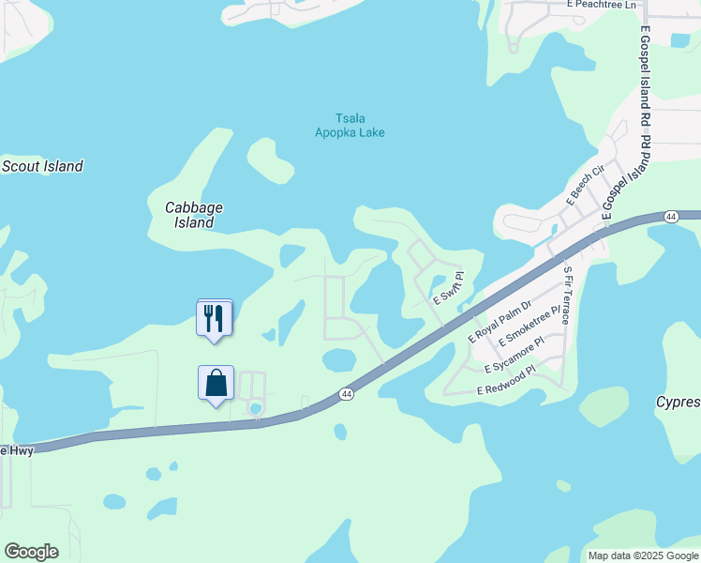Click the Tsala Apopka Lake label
pyautogui.click(x=349, y=126)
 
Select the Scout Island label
pyautogui.click(x=42, y=166)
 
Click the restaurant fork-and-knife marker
pyautogui.click(x=215, y=317)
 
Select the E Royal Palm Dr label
pyautogui.click(x=500, y=321)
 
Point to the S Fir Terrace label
pyautogui.click(x=567, y=296)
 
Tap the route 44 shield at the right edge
pyautogui.click(x=670, y=217)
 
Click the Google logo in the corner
pyautogui.click(x=31, y=552)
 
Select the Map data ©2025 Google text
pyautogui.click(x=643, y=555)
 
